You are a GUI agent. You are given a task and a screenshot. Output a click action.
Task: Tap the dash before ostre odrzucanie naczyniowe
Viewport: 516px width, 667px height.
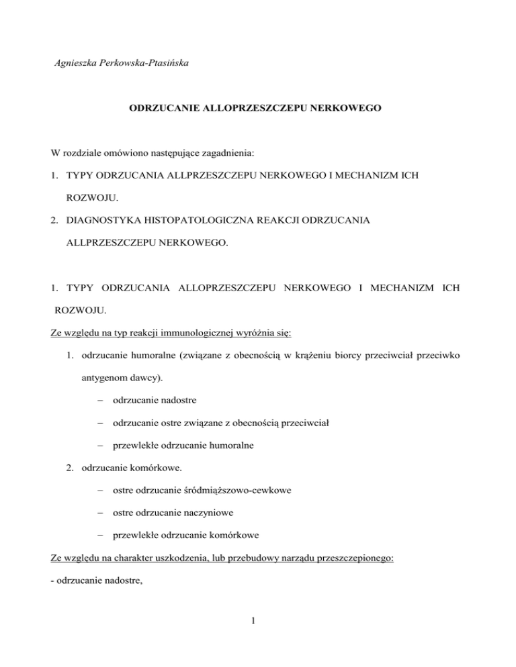coord(98,514)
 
